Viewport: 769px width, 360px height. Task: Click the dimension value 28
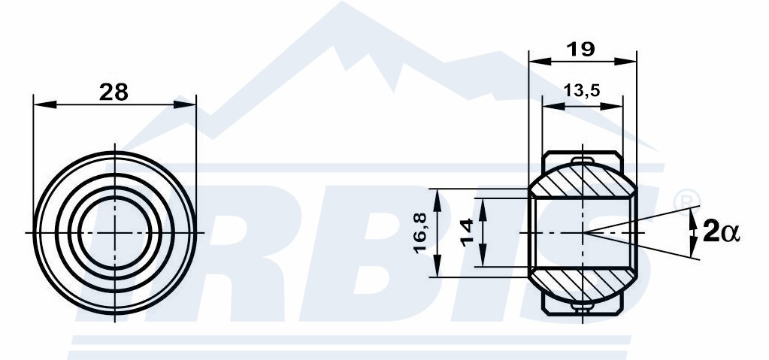(114, 92)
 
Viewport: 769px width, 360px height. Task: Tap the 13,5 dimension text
(582, 90)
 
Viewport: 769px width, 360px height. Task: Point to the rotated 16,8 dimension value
(420, 232)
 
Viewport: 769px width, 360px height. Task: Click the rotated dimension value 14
(467, 232)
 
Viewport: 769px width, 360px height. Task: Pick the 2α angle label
(720, 231)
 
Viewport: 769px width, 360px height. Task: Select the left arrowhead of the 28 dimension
(44, 104)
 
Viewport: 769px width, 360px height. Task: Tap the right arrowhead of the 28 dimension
(184, 104)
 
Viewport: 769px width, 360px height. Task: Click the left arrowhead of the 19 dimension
(540, 62)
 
